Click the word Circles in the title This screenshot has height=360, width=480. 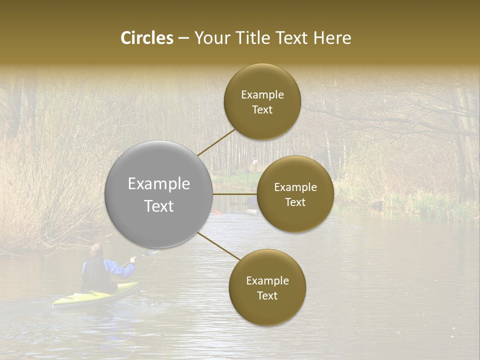pos(147,38)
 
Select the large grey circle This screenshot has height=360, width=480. pos(158,194)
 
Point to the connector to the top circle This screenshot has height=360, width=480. pos(216,142)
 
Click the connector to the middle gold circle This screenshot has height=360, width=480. pos(235,194)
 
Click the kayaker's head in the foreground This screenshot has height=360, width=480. pos(97,250)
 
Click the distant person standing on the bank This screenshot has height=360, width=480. pos(254,163)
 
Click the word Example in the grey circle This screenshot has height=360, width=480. pos(158,184)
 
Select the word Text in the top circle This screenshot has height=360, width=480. pos(262,110)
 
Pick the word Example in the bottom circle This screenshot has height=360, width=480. pos(267,281)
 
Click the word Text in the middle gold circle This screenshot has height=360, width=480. pos(295,202)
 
